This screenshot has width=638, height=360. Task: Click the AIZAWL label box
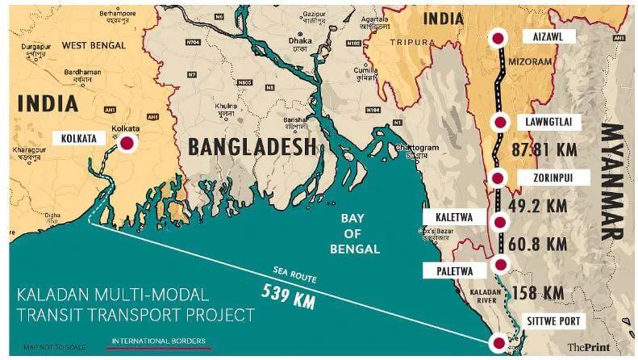click(548, 37)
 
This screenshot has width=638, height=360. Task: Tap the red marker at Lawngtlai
click(500, 123)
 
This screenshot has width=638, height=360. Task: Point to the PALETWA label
click(454, 263)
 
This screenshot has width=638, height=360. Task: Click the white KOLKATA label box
click(79, 139)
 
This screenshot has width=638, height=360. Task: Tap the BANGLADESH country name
click(251, 147)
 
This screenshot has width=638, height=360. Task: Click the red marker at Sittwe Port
click(500, 342)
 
